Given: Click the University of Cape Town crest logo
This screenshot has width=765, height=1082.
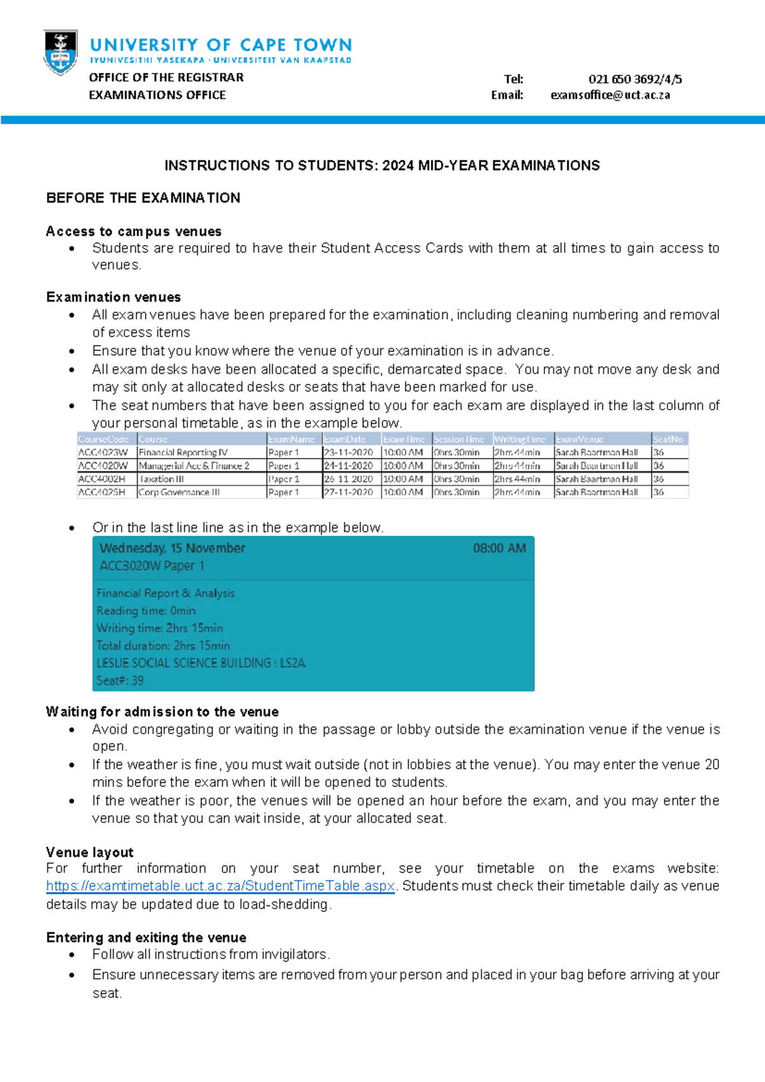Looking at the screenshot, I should [x=61, y=52].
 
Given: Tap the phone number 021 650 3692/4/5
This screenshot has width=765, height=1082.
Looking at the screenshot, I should [x=635, y=79].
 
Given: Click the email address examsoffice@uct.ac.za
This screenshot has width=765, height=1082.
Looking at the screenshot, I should [x=610, y=95].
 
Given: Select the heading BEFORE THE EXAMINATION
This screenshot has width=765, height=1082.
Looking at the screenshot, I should [x=143, y=198].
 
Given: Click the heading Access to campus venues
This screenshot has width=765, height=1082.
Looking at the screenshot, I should [x=134, y=231].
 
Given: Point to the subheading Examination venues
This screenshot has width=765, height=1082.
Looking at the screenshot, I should [x=113, y=297].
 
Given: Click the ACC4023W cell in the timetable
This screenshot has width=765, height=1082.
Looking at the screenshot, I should [x=103, y=452].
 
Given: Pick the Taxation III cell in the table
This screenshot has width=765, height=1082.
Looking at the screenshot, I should [x=162, y=479].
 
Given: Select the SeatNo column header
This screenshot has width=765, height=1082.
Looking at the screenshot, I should [x=668, y=439].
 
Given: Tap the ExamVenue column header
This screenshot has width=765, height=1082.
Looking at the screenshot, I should [x=579, y=439].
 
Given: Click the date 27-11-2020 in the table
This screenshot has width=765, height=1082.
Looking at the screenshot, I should [x=348, y=493].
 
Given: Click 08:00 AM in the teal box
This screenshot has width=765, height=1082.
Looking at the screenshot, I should [x=499, y=548].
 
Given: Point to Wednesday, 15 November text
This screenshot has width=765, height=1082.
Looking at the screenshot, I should [x=172, y=548].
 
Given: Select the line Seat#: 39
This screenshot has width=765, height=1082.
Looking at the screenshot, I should [x=120, y=681].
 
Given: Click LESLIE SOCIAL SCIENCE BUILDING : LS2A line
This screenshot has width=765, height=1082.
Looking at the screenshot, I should [x=201, y=663].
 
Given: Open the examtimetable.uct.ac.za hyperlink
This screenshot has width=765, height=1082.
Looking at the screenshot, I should [x=221, y=886].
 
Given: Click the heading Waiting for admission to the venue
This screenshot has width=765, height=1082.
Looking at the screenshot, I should [x=162, y=712].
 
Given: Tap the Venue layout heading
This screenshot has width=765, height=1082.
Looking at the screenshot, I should [x=90, y=852].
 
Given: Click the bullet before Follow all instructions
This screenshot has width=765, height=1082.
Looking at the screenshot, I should [x=72, y=956].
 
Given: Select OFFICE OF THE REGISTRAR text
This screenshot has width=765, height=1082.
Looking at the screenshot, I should [x=166, y=77].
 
